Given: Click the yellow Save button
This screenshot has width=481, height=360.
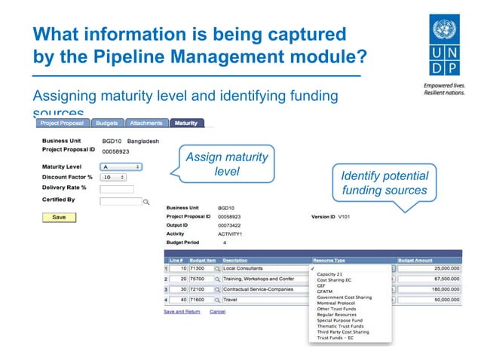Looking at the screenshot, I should [x=59, y=217].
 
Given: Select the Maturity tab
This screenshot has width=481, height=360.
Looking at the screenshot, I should [x=185, y=123].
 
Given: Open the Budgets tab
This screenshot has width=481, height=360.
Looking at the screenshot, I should [x=108, y=123].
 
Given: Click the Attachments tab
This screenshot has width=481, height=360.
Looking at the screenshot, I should [x=146, y=123].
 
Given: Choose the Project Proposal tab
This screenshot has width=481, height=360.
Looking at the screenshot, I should [x=63, y=123].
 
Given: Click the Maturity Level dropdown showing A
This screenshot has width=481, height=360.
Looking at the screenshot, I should [x=121, y=166].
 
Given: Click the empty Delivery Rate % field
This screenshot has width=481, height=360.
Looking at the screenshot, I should [x=117, y=189].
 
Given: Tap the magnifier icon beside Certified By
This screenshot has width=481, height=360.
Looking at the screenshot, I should [x=147, y=202].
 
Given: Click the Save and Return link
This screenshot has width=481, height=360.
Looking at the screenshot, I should [x=182, y=311].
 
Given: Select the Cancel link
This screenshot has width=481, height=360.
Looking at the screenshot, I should [x=217, y=311].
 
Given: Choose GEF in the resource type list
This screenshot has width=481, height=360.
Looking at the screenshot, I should [x=322, y=285].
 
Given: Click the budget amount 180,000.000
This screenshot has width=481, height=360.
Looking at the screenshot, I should [x=428, y=288].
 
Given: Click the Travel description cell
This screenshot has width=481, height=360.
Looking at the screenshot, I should [x=264, y=300].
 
